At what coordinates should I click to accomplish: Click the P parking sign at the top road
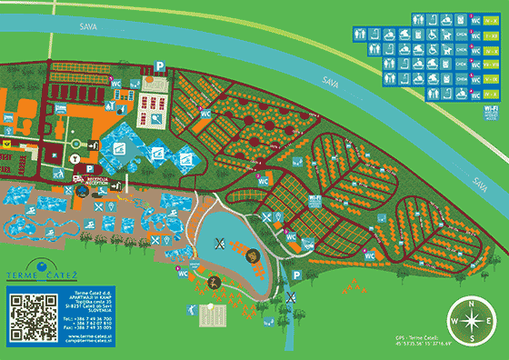click(159, 65)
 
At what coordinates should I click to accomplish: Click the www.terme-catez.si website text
click(88, 335)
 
